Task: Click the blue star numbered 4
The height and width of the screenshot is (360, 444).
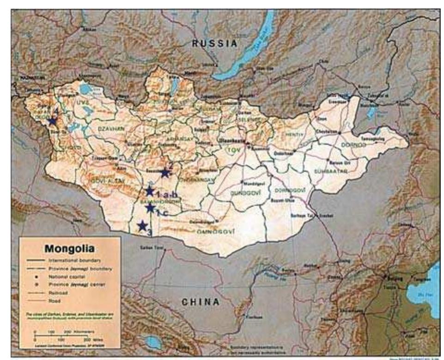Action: pos(52,121)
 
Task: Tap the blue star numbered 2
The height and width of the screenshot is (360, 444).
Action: pos(165,173)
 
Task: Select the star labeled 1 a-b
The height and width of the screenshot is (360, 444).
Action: pos(149,191)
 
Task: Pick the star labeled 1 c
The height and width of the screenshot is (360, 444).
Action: pos(150,208)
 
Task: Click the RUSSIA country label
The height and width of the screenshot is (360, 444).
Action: pos(214,44)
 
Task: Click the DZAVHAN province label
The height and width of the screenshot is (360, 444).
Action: pos(110,131)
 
